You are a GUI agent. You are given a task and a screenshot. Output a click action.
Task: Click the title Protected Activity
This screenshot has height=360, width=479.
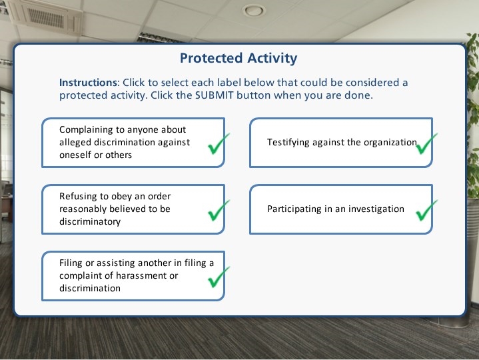tap(239, 58)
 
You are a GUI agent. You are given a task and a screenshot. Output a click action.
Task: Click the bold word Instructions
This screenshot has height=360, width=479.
tap(88, 83)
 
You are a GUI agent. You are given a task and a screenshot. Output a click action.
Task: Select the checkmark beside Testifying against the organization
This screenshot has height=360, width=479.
tap(426, 143)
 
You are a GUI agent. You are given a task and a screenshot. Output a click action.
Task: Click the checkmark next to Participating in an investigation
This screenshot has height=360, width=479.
tap(426, 210)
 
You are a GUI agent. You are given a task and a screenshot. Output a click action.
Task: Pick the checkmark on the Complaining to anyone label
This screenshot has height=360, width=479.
tap(219, 143)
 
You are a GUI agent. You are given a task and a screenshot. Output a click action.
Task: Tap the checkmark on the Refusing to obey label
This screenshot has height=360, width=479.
tap(219, 210)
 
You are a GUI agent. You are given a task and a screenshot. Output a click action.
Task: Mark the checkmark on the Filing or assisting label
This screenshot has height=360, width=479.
tap(219, 277)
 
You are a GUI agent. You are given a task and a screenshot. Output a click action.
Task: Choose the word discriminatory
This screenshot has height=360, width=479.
tap(90, 221)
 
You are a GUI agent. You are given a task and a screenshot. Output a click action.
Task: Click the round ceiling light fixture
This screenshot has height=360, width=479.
tap(254, 11)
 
